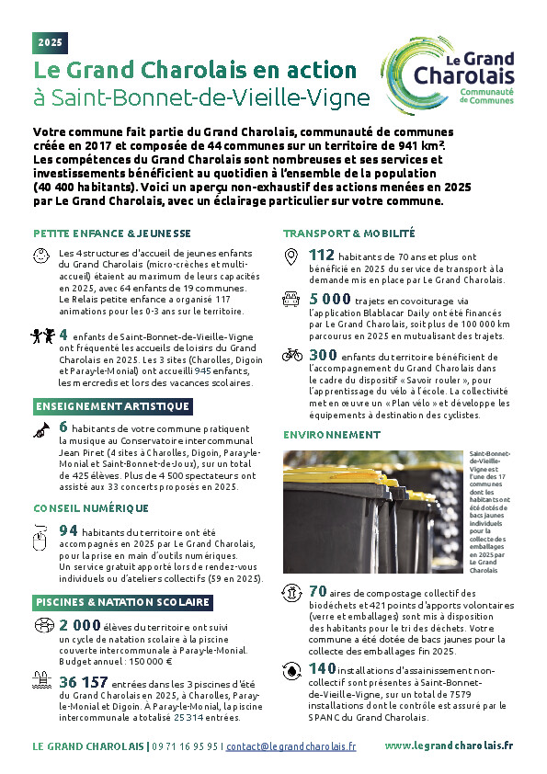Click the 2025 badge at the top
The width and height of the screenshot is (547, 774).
point(50,42)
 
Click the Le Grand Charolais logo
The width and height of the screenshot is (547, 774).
point(448,75)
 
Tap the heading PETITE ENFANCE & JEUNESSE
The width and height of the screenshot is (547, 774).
point(112,233)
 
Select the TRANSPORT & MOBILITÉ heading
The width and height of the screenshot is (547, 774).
point(349,233)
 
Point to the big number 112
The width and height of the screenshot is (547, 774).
point(322,255)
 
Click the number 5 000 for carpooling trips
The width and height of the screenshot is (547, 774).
point(330,299)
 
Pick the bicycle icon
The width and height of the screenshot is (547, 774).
point(292,355)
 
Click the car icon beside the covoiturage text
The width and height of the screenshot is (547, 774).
point(291,299)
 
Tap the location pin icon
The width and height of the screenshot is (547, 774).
point(291,256)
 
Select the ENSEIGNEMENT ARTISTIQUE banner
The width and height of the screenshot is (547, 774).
point(113,406)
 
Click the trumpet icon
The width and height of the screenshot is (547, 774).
point(41,430)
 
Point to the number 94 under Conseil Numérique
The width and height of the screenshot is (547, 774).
point(68,530)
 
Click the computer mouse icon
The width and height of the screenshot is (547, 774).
point(39,538)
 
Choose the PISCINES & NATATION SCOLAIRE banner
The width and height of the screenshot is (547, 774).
point(123,602)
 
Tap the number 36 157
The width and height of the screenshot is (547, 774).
point(84,682)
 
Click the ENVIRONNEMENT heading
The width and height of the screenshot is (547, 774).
point(332,435)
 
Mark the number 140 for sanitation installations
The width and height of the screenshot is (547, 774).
point(322,668)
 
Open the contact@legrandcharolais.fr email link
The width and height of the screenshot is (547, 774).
point(291,746)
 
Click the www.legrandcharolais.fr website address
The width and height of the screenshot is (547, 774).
point(449,746)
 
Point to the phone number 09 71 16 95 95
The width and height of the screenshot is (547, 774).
point(185,746)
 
